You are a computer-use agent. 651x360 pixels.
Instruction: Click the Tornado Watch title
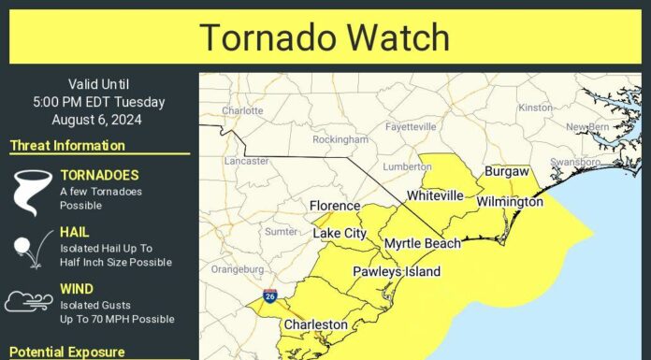click(325, 36)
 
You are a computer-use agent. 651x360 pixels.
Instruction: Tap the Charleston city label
click(316, 325)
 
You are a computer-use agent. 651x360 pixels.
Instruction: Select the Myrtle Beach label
click(423, 243)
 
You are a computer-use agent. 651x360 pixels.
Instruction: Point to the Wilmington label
click(510, 202)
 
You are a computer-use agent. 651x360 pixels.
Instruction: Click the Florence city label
click(335, 206)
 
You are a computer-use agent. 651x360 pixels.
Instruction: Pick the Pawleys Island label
click(396, 271)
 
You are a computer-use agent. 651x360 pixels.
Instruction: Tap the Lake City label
click(340, 232)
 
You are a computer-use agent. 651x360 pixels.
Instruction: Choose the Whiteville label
click(435, 195)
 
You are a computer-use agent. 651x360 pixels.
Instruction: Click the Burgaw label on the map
click(507, 172)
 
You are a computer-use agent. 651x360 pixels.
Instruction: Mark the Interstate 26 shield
click(268, 296)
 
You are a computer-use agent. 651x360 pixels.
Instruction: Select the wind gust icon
click(29, 301)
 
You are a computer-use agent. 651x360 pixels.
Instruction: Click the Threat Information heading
click(67, 146)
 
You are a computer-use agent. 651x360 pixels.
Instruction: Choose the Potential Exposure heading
click(66, 352)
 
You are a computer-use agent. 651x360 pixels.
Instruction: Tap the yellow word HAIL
click(74, 231)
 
